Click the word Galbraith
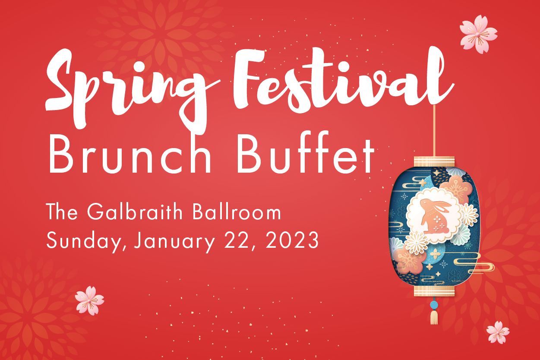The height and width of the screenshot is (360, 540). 135,212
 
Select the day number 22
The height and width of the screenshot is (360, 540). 236,240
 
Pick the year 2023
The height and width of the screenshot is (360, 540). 292,240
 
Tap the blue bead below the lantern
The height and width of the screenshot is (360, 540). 434,305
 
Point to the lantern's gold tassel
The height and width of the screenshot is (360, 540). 434,317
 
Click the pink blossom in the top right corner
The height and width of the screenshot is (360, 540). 478,34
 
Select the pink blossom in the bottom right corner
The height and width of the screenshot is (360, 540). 498,332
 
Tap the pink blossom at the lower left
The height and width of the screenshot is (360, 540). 89,300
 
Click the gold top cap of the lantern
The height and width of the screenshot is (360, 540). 434,161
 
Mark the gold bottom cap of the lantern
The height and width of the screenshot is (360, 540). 434,291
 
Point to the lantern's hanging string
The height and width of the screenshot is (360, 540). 434,131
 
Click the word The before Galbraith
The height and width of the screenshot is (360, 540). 62,212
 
